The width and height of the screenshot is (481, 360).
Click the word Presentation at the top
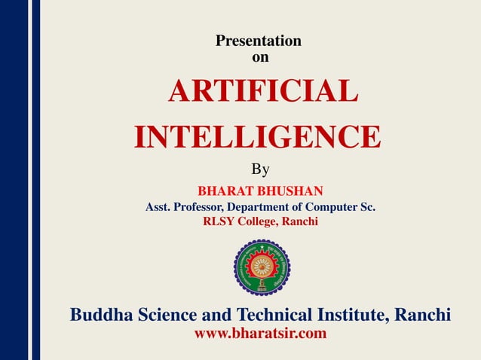coord(259,41)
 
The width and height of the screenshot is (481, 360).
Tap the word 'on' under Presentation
coord(259,56)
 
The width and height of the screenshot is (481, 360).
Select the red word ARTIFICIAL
coord(262,93)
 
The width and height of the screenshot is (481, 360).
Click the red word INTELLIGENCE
coord(257,137)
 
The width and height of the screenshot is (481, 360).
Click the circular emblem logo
coord(262,267)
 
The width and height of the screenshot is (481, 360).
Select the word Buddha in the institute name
coord(100,315)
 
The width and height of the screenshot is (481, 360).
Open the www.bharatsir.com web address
coord(261,334)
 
